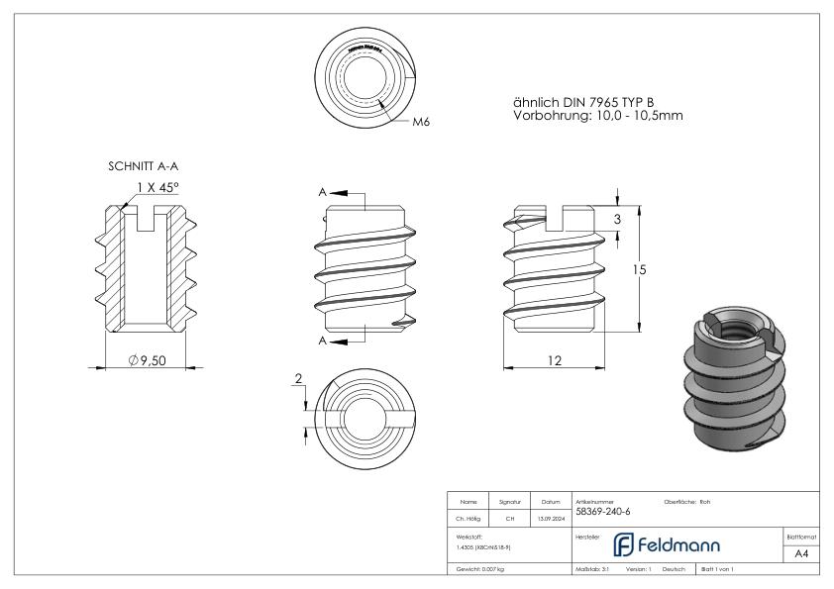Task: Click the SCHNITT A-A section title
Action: pos(142,168)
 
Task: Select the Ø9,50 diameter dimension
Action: pos(147,361)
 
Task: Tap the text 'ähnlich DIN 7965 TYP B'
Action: pos(583,103)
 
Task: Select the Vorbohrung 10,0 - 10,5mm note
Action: pos(598,117)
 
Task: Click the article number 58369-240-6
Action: pos(602,512)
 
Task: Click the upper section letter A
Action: pos(322,192)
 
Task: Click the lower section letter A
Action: pos(322,340)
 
